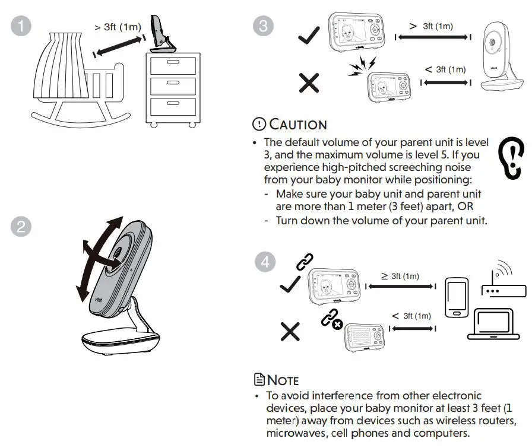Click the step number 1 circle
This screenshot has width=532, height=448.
pyautogui.click(x=22, y=26)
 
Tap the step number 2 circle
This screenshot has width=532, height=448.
pyautogui.click(x=22, y=227)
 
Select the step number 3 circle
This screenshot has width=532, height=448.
pyautogui.click(x=262, y=26)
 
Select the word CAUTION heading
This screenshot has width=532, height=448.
pyautogui.click(x=297, y=125)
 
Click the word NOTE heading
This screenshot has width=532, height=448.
pyautogui.click(x=283, y=380)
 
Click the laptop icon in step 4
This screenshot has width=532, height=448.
pyautogui.click(x=493, y=324)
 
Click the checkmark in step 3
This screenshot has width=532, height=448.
pyautogui.click(x=309, y=36)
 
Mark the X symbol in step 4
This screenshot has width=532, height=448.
pyautogui.click(x=290, y=331)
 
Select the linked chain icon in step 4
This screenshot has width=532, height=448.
pyautogui.click(x=305, y=262)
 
